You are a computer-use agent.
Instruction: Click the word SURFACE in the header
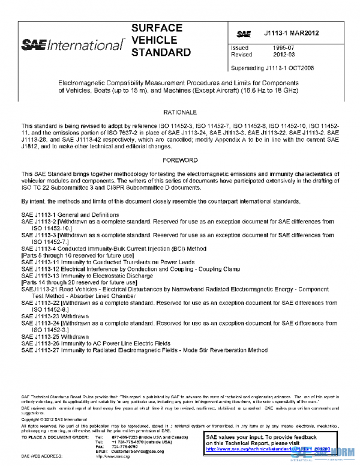coord(157,28)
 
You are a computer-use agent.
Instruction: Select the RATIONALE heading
coord(180,112)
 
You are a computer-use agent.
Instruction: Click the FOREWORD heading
coord(180,161)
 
